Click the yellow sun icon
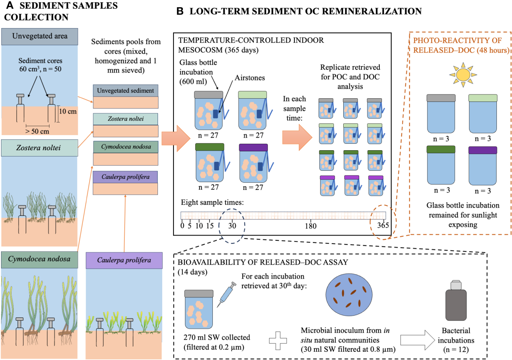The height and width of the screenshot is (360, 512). pyautogui.click(x=463, y=75)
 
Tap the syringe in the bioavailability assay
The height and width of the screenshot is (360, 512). pyautogui.click(x=227, y=295)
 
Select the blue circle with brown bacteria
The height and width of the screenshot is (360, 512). pyautogui.click(x=349, y=295)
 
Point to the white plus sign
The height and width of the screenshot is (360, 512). pyautogui.click(x=278, y=341)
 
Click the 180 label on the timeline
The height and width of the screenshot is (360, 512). pyautogui.click(x=310, y=226)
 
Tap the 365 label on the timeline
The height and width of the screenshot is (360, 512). pyautogui.click(x=383, y=225)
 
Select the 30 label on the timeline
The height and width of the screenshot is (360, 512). pyautogui.click(x=232, y=226)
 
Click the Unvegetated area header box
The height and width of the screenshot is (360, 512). pyautogui.click(x=40, y=36)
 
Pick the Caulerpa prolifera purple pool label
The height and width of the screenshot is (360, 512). pyautogui.click(x=125, y=177)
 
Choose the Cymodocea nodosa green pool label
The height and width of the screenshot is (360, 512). pyautogui.click(x=126, y=147)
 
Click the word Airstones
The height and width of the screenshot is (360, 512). pyautogui.click(x=250, y=78)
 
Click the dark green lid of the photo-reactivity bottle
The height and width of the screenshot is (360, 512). pyautogui.click(x=441, y=149)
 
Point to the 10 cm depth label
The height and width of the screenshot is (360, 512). pyautogui.click(x=68, y=111)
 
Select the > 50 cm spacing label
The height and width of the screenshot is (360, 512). pyautogui.click(x=37, y=131)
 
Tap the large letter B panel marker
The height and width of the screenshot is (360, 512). pyautogui.click(x=180, y=11)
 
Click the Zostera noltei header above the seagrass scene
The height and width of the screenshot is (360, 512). pyautogui.click(x=39, y=148)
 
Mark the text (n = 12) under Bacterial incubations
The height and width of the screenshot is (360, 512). pyautogui.click(x=456, y=350)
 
